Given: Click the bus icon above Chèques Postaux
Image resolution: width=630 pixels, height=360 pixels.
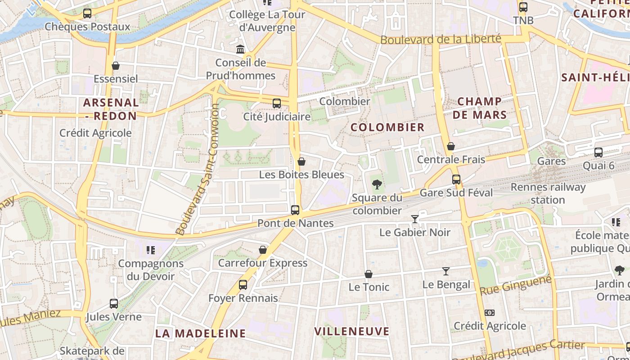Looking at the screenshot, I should coord(87,13).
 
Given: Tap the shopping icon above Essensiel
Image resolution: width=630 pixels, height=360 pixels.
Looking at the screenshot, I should coord(116,66).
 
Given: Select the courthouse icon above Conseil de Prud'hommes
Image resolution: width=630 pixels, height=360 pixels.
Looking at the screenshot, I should coord(240,49).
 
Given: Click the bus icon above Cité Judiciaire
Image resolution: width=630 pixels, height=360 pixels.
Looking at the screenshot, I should coord(277,103).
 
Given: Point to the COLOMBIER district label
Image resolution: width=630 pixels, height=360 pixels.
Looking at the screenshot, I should coord(387,127).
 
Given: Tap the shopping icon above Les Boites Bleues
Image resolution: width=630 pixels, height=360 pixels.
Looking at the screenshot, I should coord(301,162).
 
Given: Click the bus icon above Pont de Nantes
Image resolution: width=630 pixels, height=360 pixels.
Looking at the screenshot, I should coord(295,210).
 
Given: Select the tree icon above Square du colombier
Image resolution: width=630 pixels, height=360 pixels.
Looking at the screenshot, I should coord(377,184).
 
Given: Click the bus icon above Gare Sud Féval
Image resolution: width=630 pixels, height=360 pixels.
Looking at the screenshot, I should coord(456,180).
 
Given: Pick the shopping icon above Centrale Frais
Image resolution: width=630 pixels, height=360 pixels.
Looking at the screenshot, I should coord(451,146).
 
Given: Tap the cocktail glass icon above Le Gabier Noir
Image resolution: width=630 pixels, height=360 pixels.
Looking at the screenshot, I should coord(415,219).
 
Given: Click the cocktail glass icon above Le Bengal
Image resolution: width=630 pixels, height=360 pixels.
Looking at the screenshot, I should coord(446,271).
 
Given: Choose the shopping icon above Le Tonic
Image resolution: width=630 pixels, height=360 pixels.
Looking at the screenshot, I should coord(369,274).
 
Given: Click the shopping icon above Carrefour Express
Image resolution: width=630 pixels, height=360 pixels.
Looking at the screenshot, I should coord(263,250).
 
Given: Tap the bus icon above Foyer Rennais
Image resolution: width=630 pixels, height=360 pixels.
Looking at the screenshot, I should coord(243,284).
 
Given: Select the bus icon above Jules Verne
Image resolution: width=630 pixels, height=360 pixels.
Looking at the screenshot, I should coord(114,304).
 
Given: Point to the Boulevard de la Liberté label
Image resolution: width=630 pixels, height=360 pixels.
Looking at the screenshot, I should coord(441,39).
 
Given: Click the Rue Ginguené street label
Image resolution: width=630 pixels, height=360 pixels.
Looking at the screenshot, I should coord(516,286).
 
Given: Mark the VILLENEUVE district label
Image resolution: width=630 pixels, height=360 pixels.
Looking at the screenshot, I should coord(351,332).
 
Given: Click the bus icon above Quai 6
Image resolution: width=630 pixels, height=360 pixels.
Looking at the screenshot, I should coord(598,153).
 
